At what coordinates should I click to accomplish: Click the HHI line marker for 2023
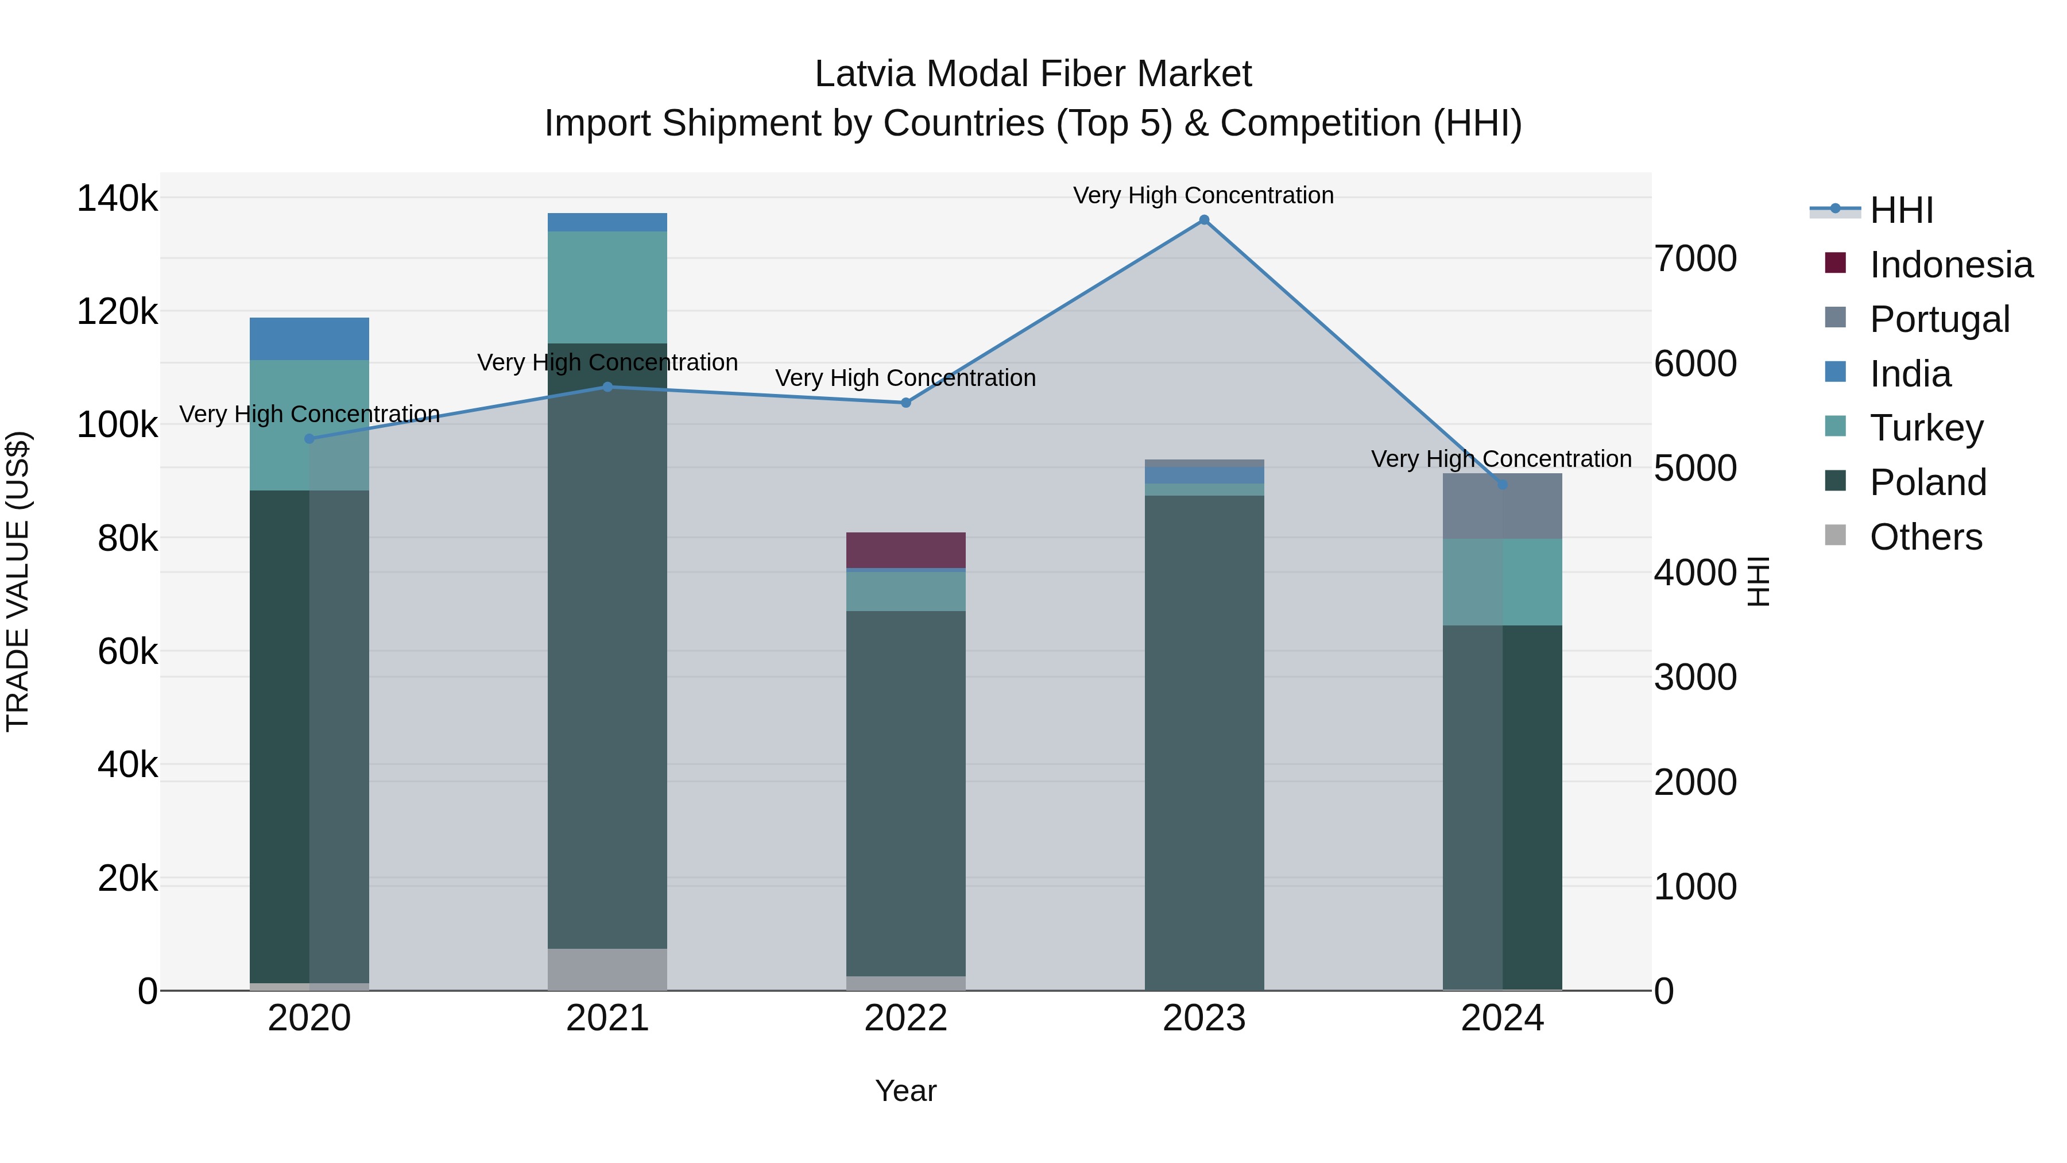pyautogui.click(x=1203, y=220)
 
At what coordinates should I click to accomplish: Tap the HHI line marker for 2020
pyautogui.click(x=309, y=438)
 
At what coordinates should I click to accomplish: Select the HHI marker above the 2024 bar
pyautogui.click(x=1502, y=484)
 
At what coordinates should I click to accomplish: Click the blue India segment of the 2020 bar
pyautogui.click(x=309, y=339)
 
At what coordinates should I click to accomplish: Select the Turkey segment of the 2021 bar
pyautogui.click(x=607, y=287)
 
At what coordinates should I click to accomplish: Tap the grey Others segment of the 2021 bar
pyautogui.click(x=607, y=969)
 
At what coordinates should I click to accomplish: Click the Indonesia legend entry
pyautogui.click(x=1950, y=265)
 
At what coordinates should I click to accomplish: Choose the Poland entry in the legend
pyautogui.click(x=1927, y=482)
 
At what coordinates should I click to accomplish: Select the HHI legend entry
pyautogui.click(x=1901, y=210)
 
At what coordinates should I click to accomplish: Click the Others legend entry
pyautogui.click(x=1925, y=537)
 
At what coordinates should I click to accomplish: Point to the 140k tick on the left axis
pyautogui.click(x=117, y=198)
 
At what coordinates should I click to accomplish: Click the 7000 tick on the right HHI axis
pyautogui.click(x=1696, y=258)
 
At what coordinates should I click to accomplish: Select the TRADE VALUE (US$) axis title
pyautogui.click(x=18, y=581)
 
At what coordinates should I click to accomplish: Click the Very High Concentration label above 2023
pyautogui.click(x=1203, y=195)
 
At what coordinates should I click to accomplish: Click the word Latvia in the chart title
pyautogui.click(x=864, y=74)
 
